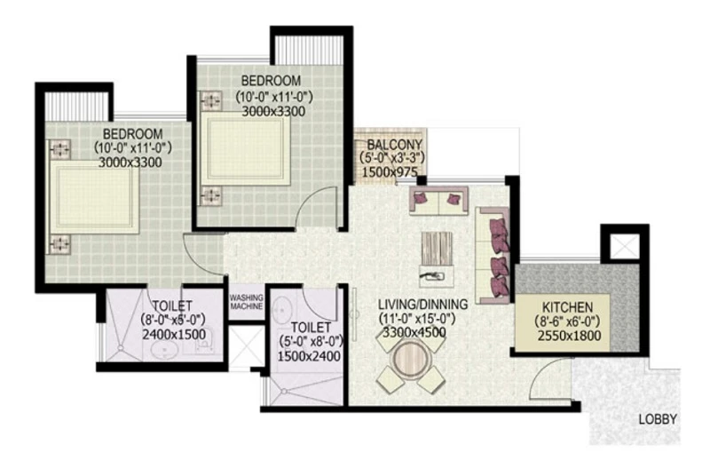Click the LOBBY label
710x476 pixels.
[658, 419]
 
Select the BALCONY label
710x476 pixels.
[389, 147]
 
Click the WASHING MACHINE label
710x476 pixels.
[246, 302]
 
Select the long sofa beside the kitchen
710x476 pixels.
[493, 253]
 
